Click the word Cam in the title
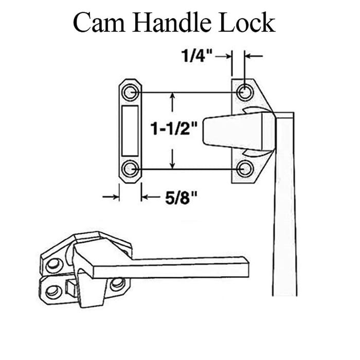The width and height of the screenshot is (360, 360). coord(98,23)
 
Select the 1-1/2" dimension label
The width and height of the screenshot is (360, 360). coord(172,129)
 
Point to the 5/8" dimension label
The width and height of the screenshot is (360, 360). coord(182,196)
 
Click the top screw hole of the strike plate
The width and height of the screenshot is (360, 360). coord(130,93)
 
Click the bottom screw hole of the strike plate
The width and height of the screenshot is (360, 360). coord(130,168)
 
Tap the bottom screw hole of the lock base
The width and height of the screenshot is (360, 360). coord(245,168)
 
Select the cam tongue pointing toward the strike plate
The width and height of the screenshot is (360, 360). coord(231,132)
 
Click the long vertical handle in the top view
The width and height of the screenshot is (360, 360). coord(284,216)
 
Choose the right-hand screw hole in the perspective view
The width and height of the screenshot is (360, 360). coord(117,283)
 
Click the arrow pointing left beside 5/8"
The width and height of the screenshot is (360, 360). coord(149,196)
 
